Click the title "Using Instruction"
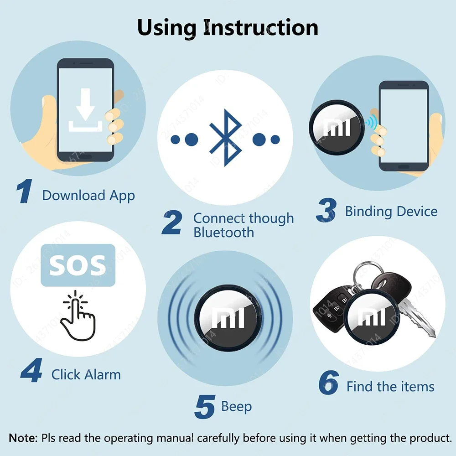(228, 27)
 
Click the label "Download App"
(88, 196)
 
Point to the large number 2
(172, 223)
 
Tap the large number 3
(326, 210)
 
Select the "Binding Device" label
(391, 212)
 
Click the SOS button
(78, 265)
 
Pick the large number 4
(31, 371)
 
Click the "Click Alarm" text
(86, 375)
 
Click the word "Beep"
(236, 406)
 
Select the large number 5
(204, 407)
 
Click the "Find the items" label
(390, 387)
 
